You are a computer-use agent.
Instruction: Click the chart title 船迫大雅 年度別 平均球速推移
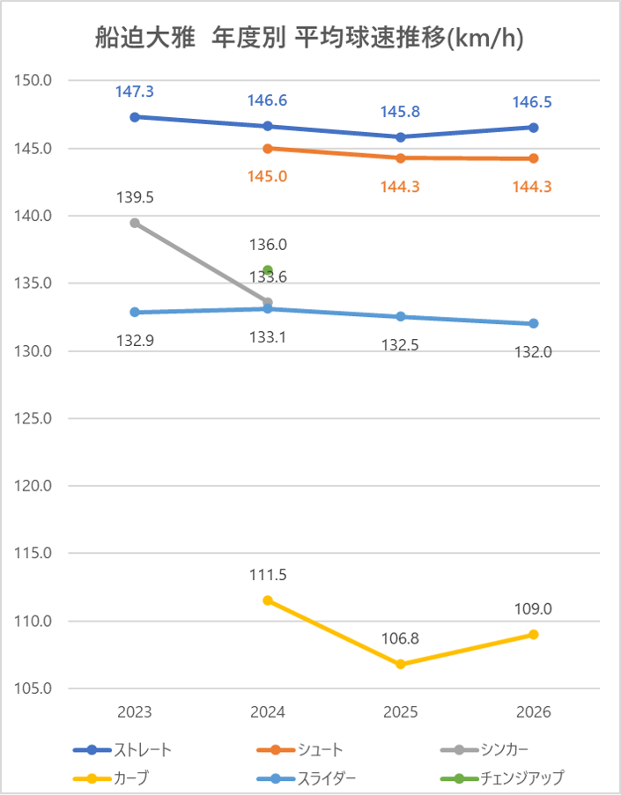tap(310, 39)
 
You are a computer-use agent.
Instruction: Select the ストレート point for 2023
tap(135, 117)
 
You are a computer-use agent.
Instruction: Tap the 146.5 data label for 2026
tap(534, 102)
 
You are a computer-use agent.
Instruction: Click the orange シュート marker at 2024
tap(268, 148)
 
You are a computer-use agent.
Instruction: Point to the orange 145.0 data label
tap(268, 176)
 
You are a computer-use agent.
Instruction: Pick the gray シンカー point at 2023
tap(135, 223)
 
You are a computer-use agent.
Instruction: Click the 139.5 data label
tap(135, 198)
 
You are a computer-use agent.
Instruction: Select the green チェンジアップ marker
tap(268, 270)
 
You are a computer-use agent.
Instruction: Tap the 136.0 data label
tap(268, 246)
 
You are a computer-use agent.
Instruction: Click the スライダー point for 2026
tap(534, 323)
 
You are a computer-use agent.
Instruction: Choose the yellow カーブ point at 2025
tap(401, 664)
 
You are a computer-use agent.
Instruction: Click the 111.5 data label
tap(268, 576)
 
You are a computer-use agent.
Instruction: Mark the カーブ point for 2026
tap(534, 634)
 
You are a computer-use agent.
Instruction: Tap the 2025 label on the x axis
tap(401, 712)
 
